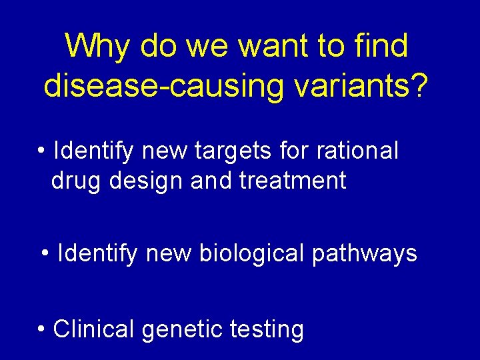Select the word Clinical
point(94,329)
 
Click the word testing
point(267,330)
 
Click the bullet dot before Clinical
point(42,329)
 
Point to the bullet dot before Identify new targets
point(42,151)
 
